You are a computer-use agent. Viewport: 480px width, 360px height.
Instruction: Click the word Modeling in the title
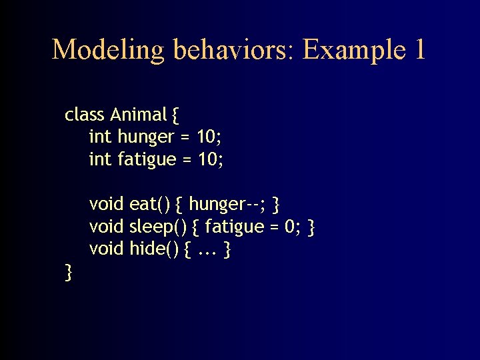pyautogui.click(x=108, y=50)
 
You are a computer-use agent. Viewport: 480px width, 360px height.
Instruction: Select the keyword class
pyautogui.click(x=85, y=115)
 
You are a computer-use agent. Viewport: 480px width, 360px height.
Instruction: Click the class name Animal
pyautogui.click(x=138, y=115)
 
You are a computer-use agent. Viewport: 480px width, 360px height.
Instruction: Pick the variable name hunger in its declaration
pyautogui.click(x=145, y=137)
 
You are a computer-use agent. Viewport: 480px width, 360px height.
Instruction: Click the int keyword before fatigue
pyautogui.click(x=100, y=160)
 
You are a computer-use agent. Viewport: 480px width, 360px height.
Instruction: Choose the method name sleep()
pyautogui.click(x=157, y=227)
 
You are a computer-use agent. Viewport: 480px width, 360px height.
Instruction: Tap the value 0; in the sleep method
pyautogui.click(x=291, y=227)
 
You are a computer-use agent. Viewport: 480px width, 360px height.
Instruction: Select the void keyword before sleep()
pyautogui.click(x=107, y=227)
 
